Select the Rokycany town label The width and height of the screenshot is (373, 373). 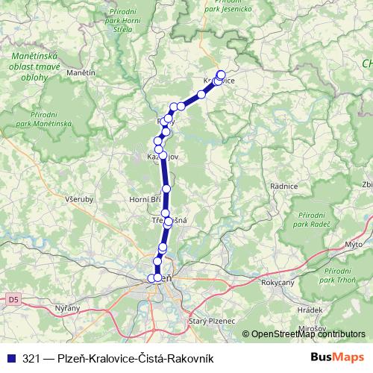tap(278, 283)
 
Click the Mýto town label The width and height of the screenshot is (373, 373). tap(354, 244)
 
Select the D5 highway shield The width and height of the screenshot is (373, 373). tap(13, 299)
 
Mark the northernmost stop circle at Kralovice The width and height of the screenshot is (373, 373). tap(221, 75)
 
